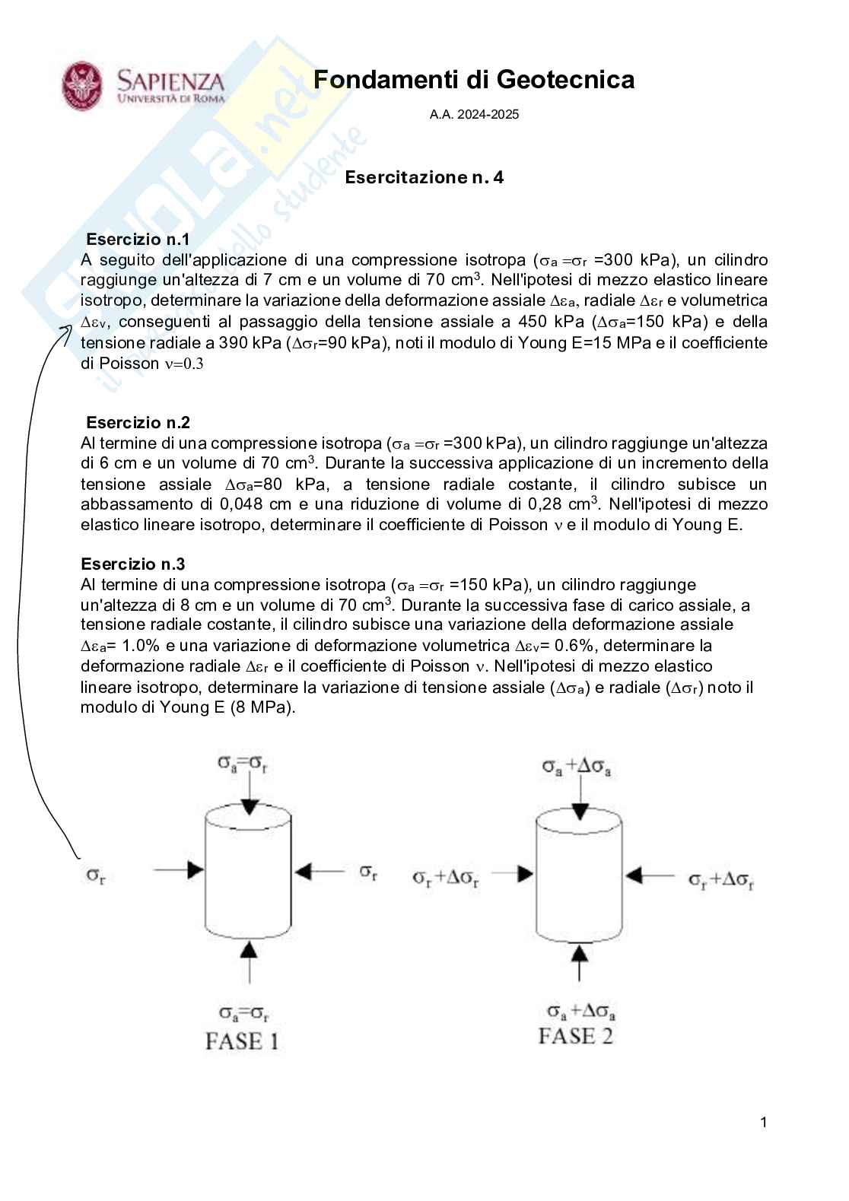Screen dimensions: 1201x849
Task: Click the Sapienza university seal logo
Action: [82, 86]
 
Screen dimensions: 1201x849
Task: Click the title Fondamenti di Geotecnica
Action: [473, 80]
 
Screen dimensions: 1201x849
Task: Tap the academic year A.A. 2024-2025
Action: [474, 115]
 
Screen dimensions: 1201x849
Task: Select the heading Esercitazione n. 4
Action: [424, 177]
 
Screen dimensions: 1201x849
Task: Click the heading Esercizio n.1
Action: [138, 240]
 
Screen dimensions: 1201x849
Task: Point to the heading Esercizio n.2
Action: [138, 423]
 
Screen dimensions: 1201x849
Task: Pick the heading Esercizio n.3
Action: [133, 564]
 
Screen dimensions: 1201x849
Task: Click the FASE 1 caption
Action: [242, 1041]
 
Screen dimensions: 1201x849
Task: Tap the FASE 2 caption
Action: [575, 1037]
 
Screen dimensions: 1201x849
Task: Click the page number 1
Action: [763, 1122]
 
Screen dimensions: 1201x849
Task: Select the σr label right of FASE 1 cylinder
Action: [368, 872]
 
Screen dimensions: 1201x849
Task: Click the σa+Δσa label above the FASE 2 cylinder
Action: [577, 767]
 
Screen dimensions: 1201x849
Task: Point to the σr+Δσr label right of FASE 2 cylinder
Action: [720, 880]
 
